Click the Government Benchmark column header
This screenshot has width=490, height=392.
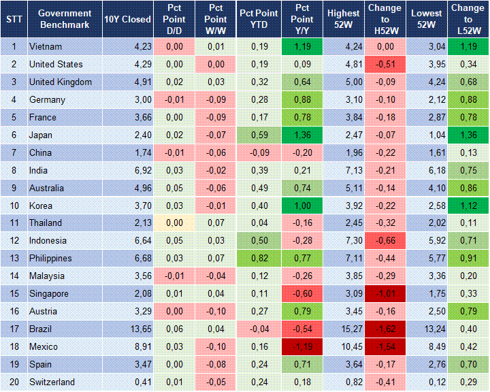click(x=64, y=19)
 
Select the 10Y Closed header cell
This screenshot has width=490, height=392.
click(x=127, y=19)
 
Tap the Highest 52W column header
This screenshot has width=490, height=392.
click(x=343, y=19)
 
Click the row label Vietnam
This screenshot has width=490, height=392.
click(x=46, y=46)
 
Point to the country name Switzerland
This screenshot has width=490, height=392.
click(x=52, y=382)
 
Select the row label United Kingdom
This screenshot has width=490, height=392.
click(x=60, y=82)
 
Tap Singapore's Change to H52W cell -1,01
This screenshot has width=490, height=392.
click(x=385, y=293)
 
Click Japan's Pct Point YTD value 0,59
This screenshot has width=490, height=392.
click(x=258, y=135)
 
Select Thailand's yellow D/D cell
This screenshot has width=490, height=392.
click(x=174, y=223)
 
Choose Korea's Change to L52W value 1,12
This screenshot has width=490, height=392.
click(x=468, y=206)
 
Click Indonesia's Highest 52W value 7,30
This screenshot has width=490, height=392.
click(x=343, y=240)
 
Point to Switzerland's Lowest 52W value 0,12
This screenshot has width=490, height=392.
click(x=427, y=382)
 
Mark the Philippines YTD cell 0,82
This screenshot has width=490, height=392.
click(x=258, y=258)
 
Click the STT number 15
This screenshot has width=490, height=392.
click(x=14, y=293)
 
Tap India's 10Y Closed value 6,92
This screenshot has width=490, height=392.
click(x=133, y=170)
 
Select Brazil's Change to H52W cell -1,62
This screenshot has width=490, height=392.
click(x=385, y=329)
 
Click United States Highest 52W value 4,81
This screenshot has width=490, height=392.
click(x=343, y=64)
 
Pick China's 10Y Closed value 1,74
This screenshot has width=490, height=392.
click(x=133, y=152)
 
